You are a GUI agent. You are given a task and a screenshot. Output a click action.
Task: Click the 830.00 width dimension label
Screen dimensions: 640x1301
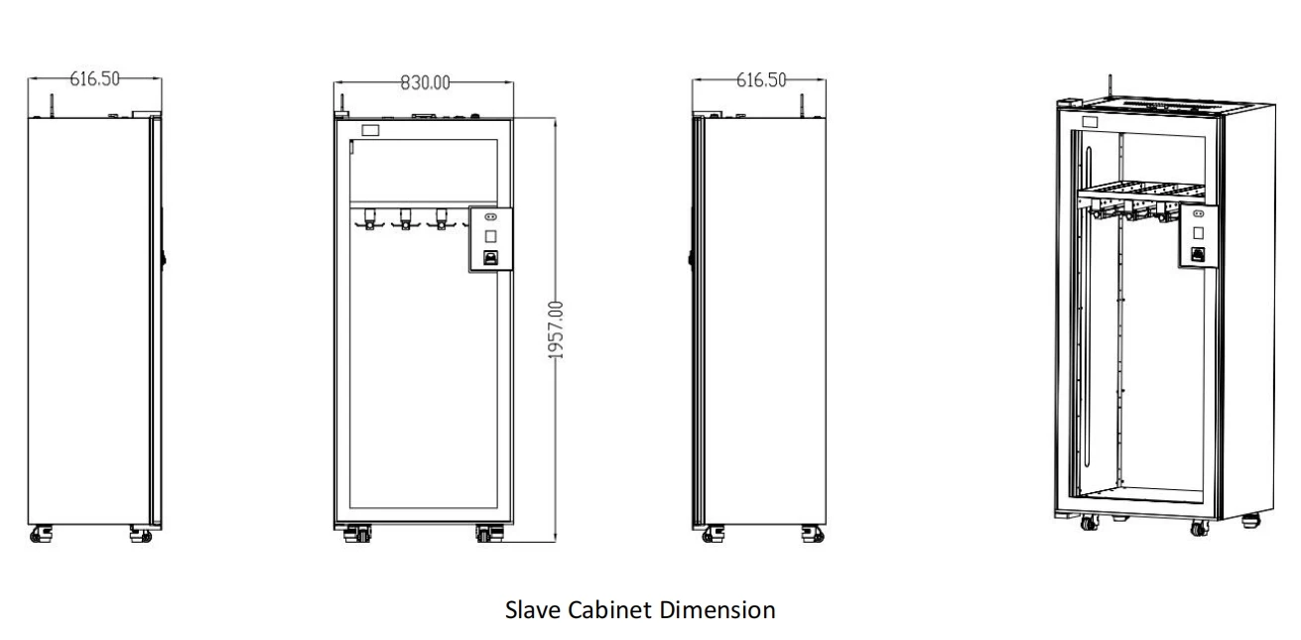[425, 83]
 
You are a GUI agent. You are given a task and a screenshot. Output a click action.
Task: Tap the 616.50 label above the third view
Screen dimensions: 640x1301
[761, 79]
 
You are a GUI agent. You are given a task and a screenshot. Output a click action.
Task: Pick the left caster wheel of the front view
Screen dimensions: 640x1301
[355, 534]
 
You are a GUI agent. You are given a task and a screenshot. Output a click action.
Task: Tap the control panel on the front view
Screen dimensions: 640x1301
[488, 238]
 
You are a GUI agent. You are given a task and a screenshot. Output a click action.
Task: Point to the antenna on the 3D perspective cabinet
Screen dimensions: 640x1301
[1109, 84]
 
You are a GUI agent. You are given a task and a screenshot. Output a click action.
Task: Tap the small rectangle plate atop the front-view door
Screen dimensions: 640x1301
[370, 130]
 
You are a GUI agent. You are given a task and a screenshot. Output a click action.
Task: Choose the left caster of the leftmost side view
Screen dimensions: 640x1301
[43, 535]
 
